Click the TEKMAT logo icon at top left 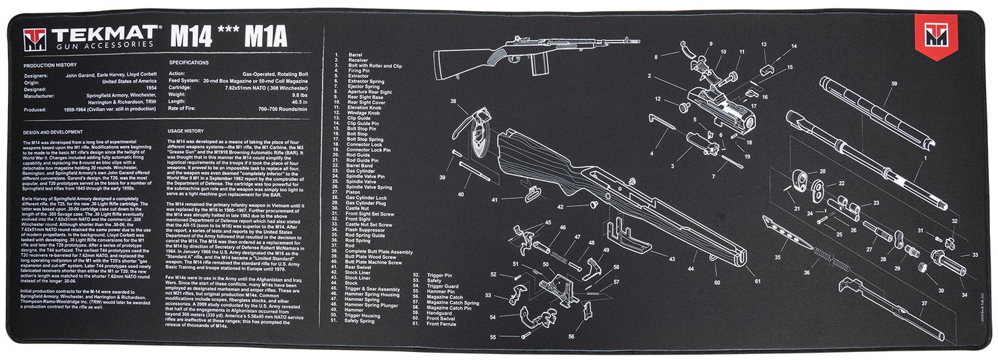(x=33, y=39)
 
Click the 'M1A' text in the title (x=265, y=38)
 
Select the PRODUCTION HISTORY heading (x=49, y=66)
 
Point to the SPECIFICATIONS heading (x=189, y=63)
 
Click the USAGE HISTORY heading (x=186, y=131)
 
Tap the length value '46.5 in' (x=298, y=101)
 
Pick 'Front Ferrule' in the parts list (x=442, y=324)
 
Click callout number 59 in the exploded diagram (x=894, y=84)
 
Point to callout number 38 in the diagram (x=453, y=102)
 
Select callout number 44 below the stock (x=690, y=270)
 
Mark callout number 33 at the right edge (x=975, y=255)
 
